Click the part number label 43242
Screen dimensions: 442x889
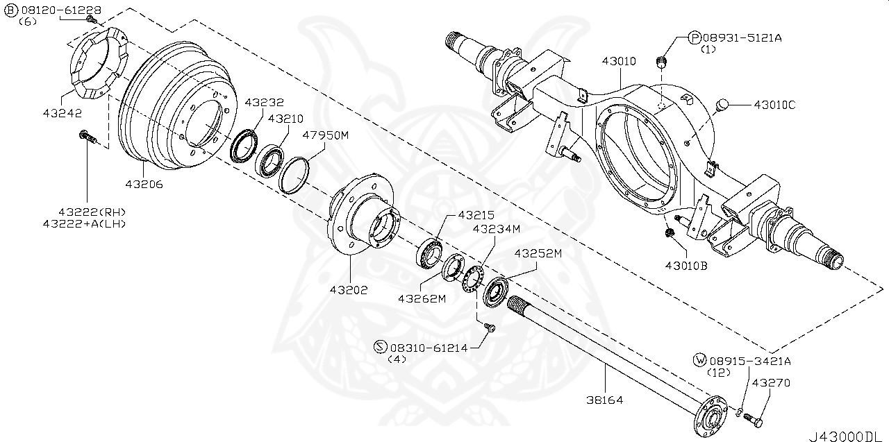pyautogui.click(x=62, y=113)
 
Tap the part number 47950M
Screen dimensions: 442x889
pyautogui.click(x=325, y=135)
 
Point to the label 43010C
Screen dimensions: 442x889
pyautogui.click(x=774, y=105)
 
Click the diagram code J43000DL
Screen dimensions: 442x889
pyautogui.click(x=847, y=436)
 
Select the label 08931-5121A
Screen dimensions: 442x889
pyautogui.click(x=742, y=38)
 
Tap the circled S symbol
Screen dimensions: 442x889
pyautogui.click(x=380, y=347)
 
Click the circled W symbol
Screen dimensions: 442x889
pyautogui.click(x=700, y=360)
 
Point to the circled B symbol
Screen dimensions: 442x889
pyautogui.click(x=11, y=10)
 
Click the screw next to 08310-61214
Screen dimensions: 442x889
pyautogui.click(x=489, y=328)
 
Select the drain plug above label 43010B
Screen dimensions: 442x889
pyautogui.click(x=670, y=234)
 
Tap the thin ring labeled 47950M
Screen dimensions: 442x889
pyautogui.click(x=294, y=174)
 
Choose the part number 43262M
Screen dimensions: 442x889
pyautogui.click(x=421, y=298)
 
